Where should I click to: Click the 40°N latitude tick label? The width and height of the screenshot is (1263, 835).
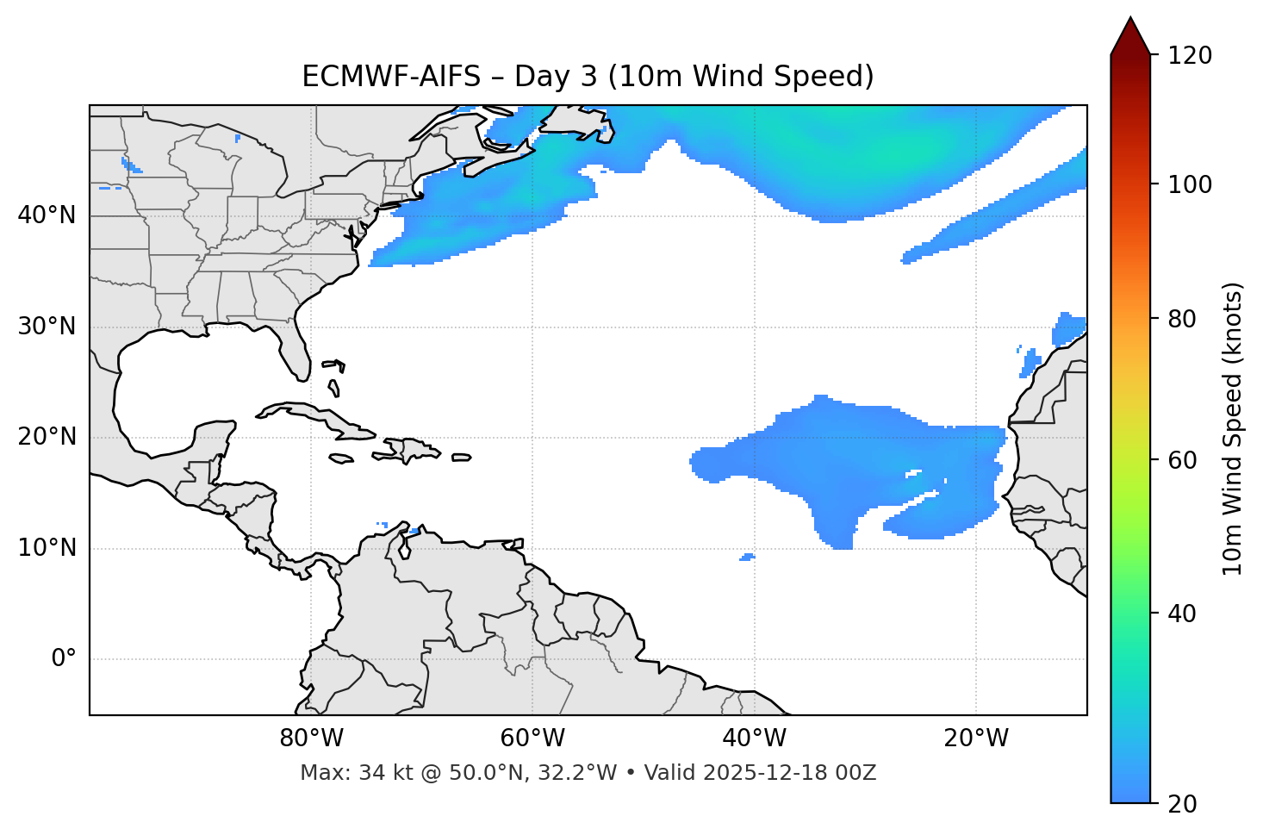[47, 215]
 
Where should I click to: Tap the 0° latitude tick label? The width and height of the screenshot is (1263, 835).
[64, 659]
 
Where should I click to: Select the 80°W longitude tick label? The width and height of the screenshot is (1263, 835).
[311, 738]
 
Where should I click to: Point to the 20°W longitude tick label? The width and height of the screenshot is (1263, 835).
[976, 738]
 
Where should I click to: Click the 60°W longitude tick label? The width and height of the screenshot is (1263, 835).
[532, 738]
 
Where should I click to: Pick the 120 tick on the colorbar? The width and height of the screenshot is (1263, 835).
[1190, 55]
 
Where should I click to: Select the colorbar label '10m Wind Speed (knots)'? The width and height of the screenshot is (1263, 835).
[1233, 428]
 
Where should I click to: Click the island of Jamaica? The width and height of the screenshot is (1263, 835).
[341, 459]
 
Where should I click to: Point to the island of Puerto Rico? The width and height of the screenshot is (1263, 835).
[461, 458]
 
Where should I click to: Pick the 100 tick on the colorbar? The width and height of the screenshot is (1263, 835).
[1190, 184]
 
